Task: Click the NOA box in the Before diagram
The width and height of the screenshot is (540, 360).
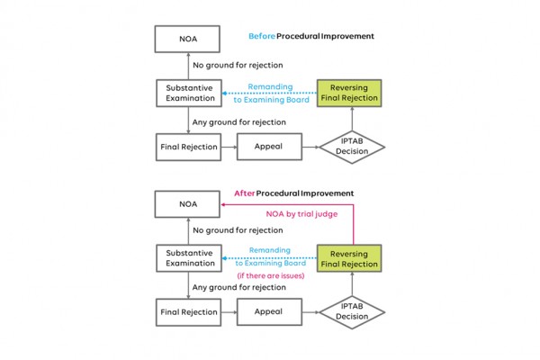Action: coord(187,39)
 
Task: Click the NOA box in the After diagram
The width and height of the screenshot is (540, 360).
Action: coord(187,204)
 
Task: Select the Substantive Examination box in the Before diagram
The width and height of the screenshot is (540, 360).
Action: coord(189,93)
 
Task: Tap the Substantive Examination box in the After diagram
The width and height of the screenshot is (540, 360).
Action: coord(189,258)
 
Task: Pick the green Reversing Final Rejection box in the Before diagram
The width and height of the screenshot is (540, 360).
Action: coord(349,93)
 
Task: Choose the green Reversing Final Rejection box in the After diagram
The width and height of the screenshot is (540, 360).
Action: coord(349,258)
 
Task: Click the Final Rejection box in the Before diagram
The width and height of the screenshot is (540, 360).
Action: coord(188,147)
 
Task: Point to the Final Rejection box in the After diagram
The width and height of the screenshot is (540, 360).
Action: coord(188,312)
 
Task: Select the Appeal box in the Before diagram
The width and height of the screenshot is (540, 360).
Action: coord(269,147)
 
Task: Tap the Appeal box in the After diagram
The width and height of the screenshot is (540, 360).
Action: coord(269,311)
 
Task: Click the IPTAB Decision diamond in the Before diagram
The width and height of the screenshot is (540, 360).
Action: coord(352,147)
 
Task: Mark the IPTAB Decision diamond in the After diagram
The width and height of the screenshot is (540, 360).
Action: coord(352,312)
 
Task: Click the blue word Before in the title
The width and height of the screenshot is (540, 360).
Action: coord(262,36)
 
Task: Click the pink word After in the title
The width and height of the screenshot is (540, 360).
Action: coord(244,193)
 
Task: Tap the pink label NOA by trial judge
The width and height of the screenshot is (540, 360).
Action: coord(301,214)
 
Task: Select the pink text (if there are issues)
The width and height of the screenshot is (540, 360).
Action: coord(271,275)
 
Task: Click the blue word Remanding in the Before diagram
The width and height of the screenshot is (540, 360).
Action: coord(270,86)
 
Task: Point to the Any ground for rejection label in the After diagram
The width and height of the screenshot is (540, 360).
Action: coord(239,287)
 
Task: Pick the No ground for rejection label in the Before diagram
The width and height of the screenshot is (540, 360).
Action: coord(238,65)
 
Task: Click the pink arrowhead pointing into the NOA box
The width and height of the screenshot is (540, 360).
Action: coord(223,204)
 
